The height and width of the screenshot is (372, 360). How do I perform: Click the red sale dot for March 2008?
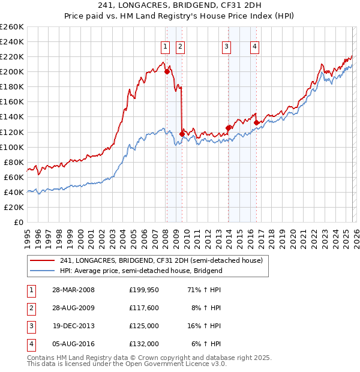pyautogui.click(x=167, y=71)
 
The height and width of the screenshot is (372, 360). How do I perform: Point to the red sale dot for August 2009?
pyautogui.click(x=182, y=134)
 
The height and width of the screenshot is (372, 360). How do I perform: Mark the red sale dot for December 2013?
pyautogui.click(x=228, y=128)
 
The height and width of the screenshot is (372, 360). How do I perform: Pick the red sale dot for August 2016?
pyautogui.click(x=256, y=122)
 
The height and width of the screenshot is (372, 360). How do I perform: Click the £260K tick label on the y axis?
pyautogui.click(x=11, y=27)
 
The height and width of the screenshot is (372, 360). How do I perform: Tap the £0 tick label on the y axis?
pyautogui.click(x=19, y=223)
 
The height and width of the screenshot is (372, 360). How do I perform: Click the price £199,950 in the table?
pyautogui.click(x=143, y=290)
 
